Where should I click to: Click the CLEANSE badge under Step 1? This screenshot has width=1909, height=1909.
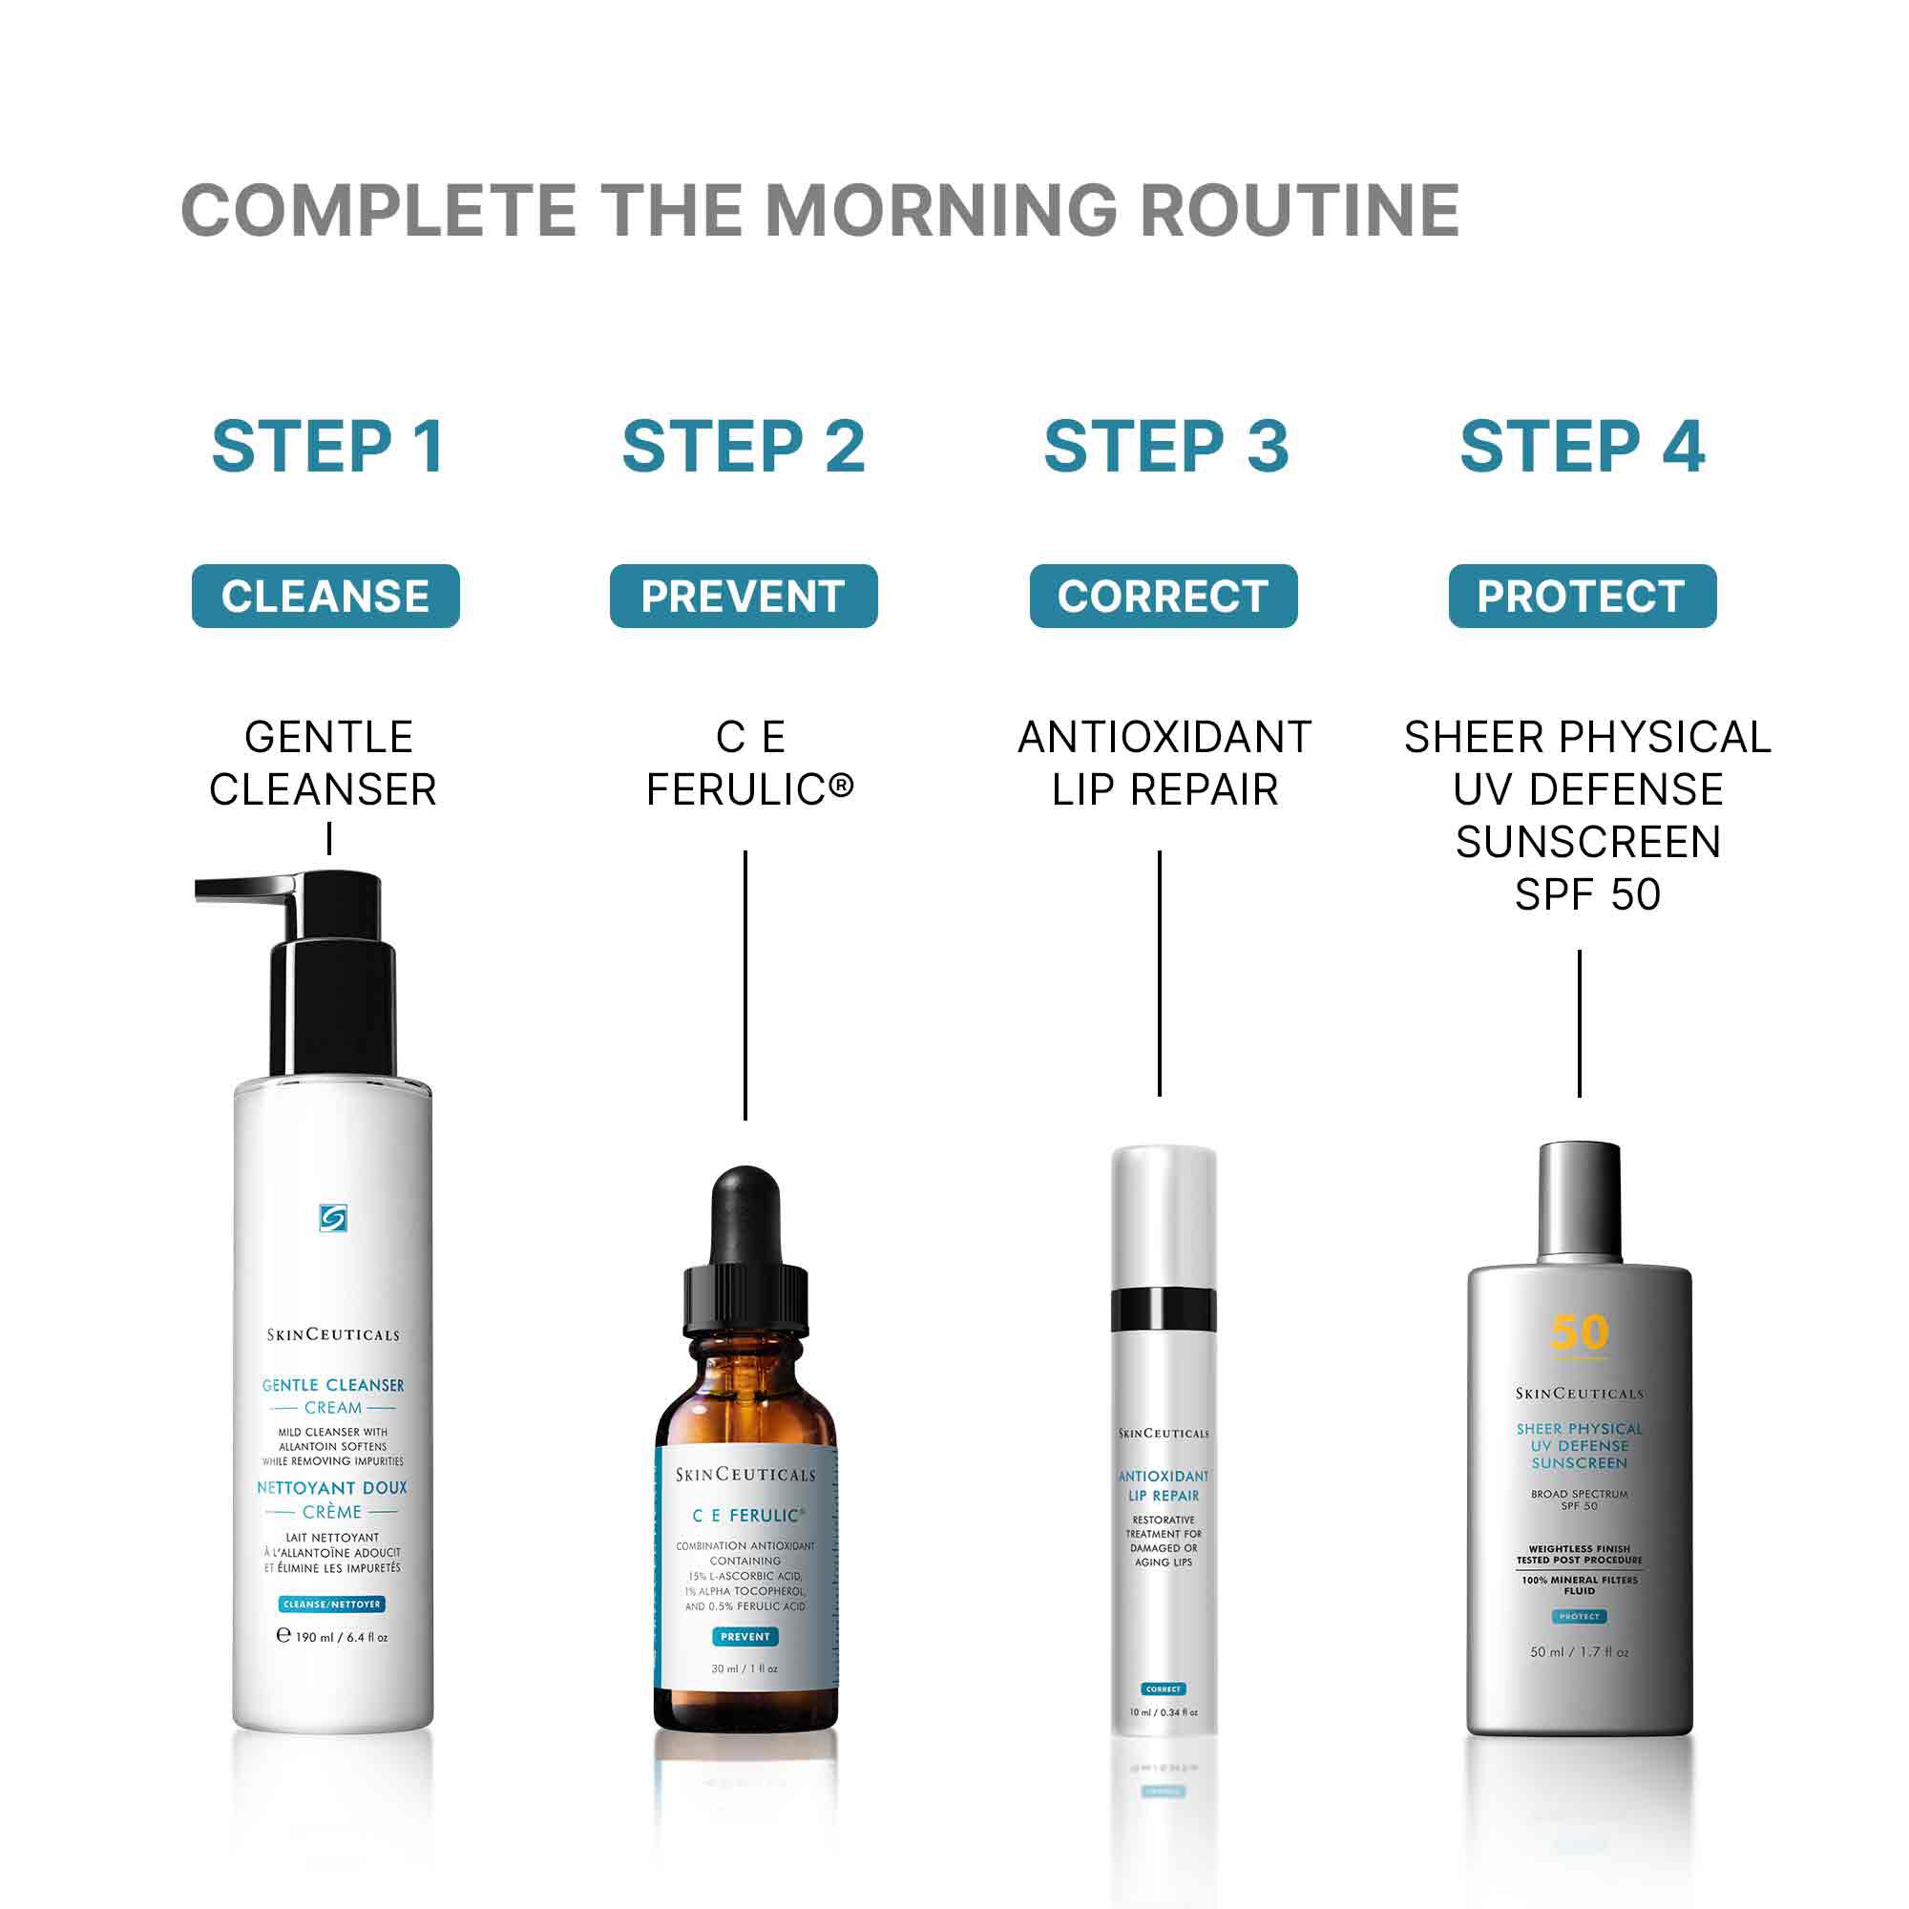pyautogui.click(x=325, y=596)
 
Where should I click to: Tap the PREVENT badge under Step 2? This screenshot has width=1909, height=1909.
pyautogui.click(x=743, y=596)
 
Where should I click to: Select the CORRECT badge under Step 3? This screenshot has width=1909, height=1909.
pyautogui.click(x=1163, y=596)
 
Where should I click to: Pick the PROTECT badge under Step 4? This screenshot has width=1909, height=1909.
pyautogui.click(x=1582, y=596)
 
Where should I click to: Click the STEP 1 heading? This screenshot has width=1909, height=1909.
pyautogui.click(x=327, y=447)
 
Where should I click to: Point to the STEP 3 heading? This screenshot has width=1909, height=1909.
pyautogui.click(x=1166, y=447)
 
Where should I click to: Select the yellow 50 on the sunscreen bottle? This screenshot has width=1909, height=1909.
pyautogui.click(x=1579, y=1332)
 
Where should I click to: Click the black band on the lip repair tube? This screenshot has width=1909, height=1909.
pyautogui.click(x=1163, y=1310)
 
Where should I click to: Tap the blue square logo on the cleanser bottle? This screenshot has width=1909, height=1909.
pyautogui.click(x=333, y=1218)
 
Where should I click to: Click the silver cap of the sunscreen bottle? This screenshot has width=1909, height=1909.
pyautogui.click(x=1579, y=1201)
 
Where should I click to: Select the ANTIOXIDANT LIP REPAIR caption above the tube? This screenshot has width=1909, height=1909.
pyautogui.click(x=1164, y=763)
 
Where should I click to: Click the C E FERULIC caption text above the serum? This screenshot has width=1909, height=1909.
pyautogui.click(x=749, y=763)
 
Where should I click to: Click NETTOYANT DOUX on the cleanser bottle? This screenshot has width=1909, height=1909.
pyautogui.click(x=332, y=1487)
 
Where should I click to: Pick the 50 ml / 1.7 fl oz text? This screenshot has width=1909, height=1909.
pyautogui.click(x=1579, y=1651)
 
